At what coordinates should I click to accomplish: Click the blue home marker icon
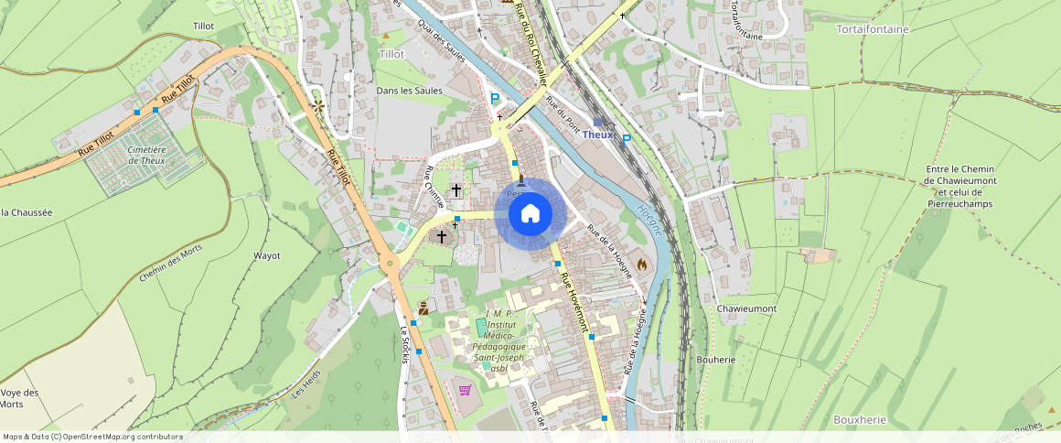click(530, 213)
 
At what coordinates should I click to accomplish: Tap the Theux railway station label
click(597, 135)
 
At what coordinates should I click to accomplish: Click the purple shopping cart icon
click(465, 390)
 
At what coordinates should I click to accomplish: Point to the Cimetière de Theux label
click(147, 156)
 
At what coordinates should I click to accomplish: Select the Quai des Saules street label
click(442, 42)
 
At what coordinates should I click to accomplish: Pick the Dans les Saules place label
click(409, 91)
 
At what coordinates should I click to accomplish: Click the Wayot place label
click(266, 255)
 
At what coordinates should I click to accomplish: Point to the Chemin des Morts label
click(172, 265)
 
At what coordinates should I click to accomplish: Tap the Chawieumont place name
click(746, 308)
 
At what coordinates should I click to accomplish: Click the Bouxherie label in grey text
click(860, 419)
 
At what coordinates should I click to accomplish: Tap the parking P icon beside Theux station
click(627, 140)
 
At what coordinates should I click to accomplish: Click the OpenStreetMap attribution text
click(92, 437)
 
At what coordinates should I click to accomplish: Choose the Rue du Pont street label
click(562, 113)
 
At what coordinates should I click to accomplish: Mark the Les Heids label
click(306, 389)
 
